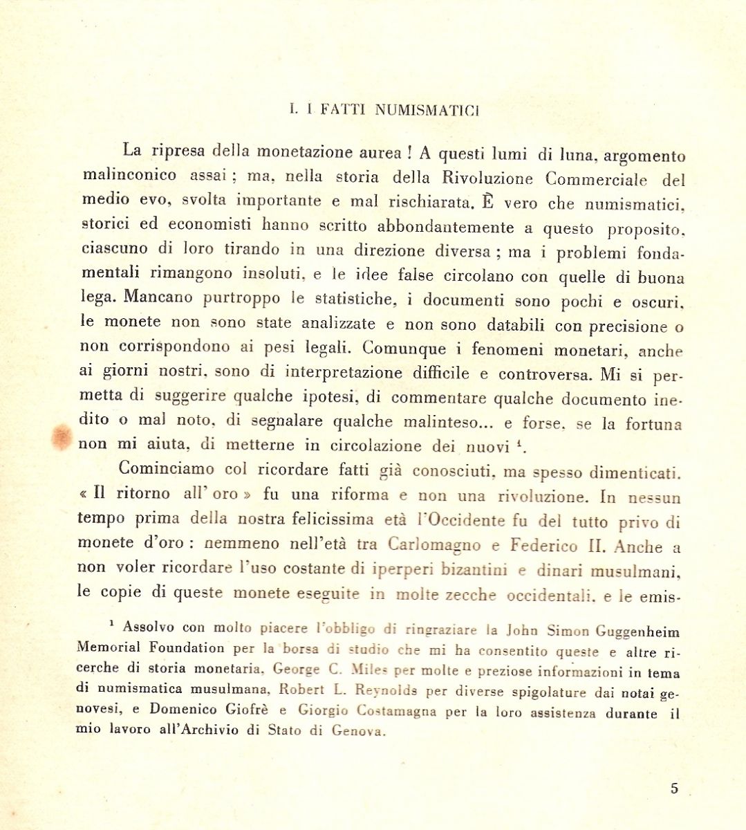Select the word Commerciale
coord(596,179)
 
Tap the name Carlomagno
coord(434,545)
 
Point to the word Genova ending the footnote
coord(357,731)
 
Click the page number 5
coord(674,788)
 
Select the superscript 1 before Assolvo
coord(111,624)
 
